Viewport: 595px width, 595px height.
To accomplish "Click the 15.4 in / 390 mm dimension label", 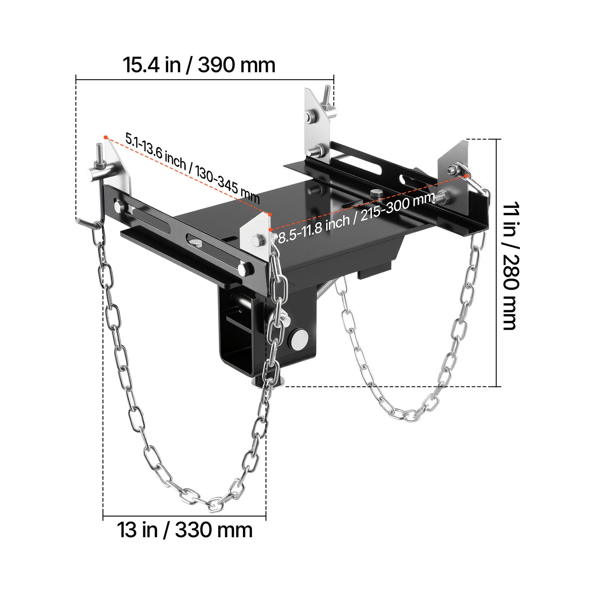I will point(199,65).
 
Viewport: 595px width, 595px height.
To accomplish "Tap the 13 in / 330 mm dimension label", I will point(185,530).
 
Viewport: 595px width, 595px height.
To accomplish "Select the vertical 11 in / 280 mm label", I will point(510,266).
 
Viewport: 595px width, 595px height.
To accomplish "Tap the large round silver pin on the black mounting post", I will point(300,340).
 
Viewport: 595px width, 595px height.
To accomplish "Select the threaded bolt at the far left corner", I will point(99,152).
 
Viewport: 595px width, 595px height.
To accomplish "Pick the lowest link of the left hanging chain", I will point(213,505).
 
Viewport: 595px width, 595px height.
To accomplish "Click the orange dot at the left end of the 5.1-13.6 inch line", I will point(106,137).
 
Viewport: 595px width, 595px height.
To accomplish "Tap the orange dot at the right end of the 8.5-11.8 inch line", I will point(466,176).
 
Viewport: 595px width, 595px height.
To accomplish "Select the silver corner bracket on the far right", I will point(454,164).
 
